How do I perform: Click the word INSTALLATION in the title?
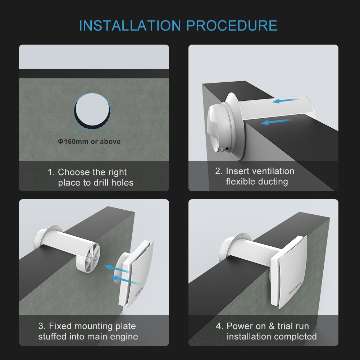[x=130, y=26]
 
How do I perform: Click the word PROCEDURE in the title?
[x=232, y=26]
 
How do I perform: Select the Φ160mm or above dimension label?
[x=89, y=142]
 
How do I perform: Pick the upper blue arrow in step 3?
[x=115, y=268]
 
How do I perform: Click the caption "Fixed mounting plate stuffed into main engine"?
[x=88, y=331]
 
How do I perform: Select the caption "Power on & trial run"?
[x=268, y=326]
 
